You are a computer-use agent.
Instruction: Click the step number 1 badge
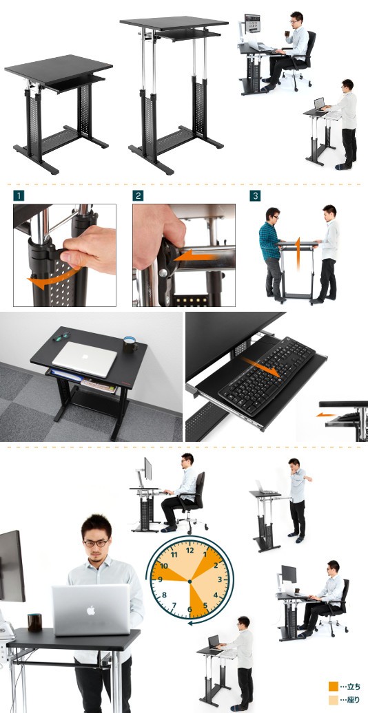19,196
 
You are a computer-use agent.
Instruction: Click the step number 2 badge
138,196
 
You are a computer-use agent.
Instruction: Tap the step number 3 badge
255,196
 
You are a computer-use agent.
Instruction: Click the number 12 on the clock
190,550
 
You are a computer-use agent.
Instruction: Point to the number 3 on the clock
220,579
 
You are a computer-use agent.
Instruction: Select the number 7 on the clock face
174,605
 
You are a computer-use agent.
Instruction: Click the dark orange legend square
334,686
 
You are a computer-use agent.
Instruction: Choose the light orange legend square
334,700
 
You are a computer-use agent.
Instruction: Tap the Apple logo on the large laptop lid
91,610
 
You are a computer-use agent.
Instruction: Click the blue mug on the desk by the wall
130,345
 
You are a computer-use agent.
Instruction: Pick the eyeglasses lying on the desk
61,337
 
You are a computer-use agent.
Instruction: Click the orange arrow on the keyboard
260,367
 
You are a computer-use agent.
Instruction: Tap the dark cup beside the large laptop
34,621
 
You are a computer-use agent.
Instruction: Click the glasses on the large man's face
96,543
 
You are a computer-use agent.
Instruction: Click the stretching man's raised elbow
309,478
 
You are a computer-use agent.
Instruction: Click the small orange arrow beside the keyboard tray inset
326,415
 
